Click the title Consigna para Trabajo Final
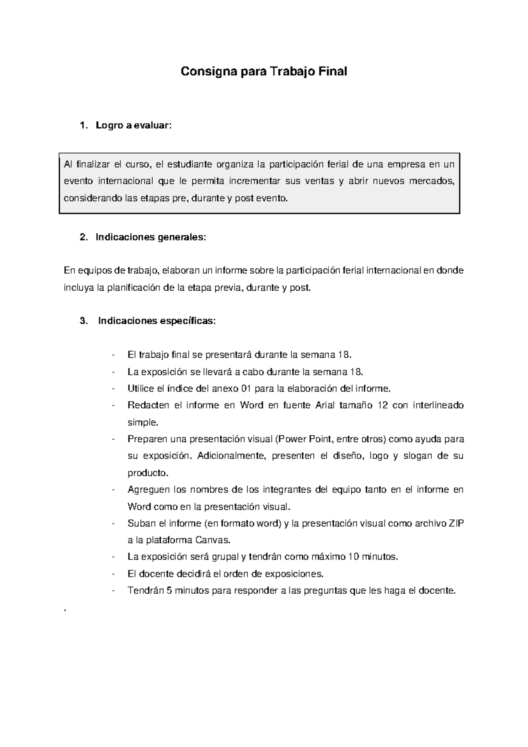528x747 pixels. (264, 71)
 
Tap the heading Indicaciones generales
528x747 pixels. (150, 237)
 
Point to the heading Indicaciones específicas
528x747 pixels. (157, 321)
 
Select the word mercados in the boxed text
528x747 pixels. (432, 181)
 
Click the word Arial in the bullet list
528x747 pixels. (326, 405)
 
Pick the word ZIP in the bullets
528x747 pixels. (456, 523)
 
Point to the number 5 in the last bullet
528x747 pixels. (169, 591)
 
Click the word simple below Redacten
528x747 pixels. (142, 422)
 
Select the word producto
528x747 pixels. (147, 473)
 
